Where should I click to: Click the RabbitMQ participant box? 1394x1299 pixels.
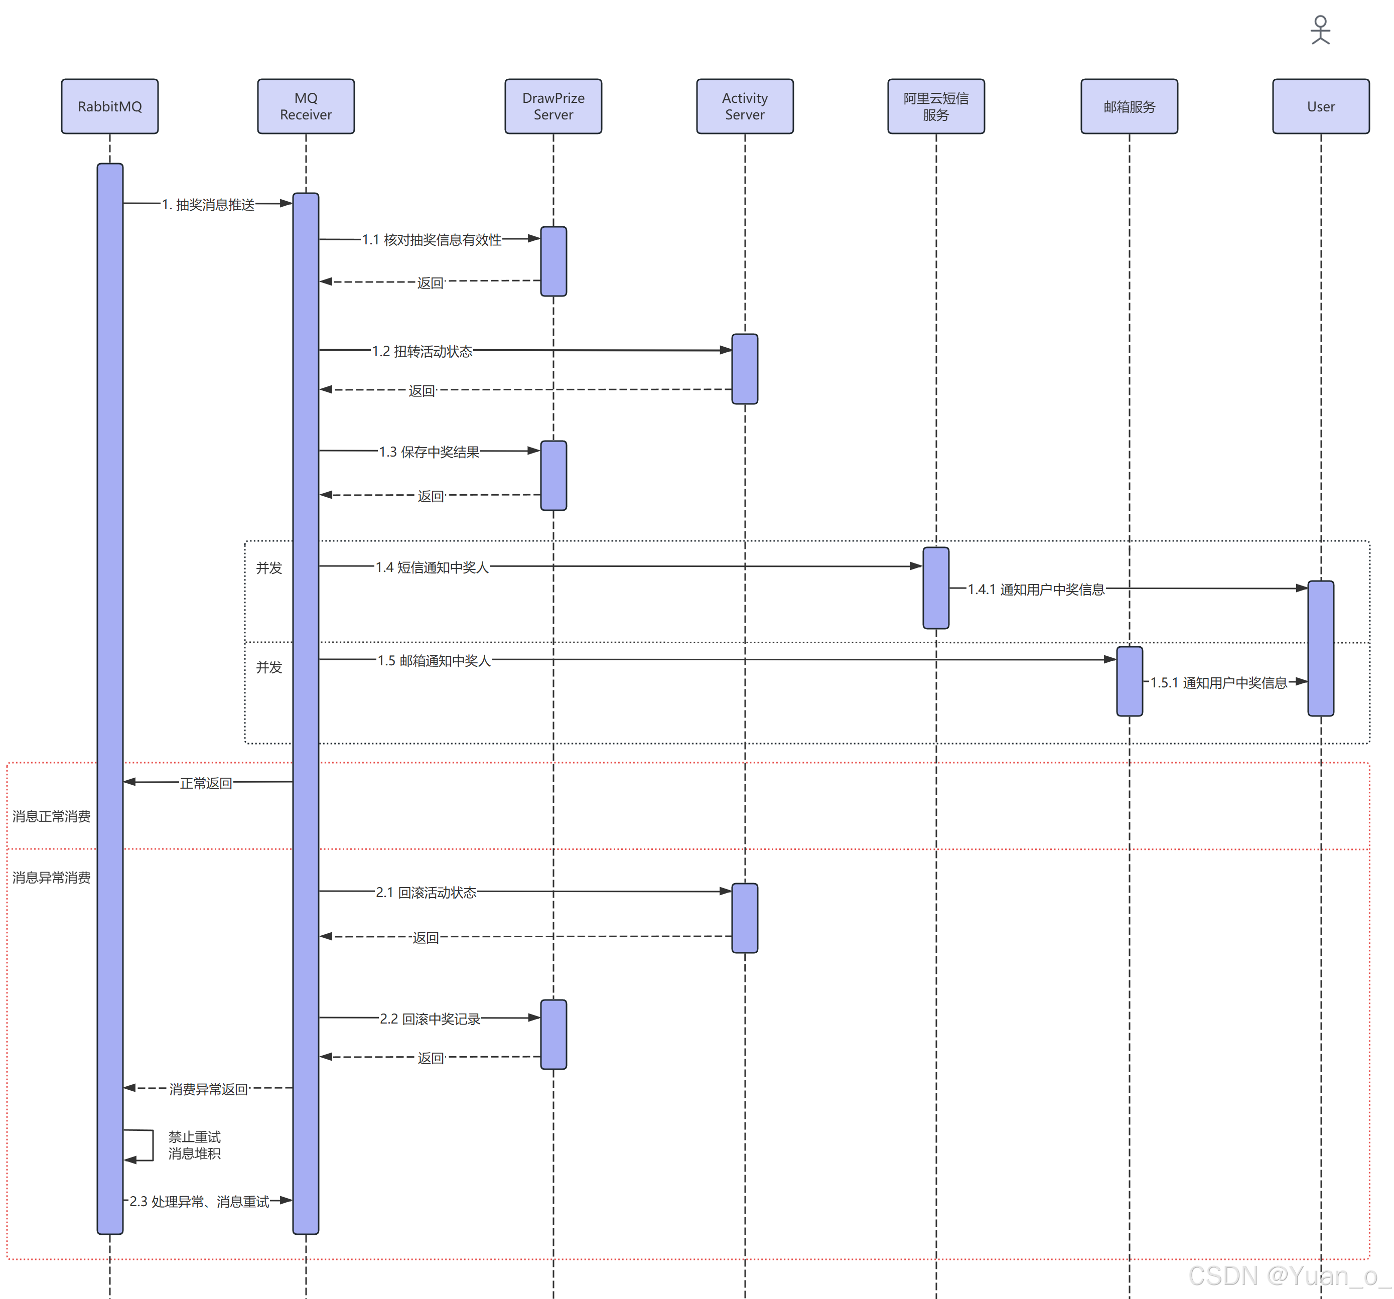pos(109,106)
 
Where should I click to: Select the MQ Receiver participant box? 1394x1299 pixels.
pos(306,106)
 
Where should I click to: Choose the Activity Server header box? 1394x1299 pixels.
pos(745,106)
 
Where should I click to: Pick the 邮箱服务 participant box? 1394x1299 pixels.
pos(1129,106)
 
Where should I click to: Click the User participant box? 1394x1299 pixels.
pos(1320,106)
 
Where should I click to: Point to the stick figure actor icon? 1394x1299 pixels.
pos(1320,30)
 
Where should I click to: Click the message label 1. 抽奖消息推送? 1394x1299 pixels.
pos(208,205)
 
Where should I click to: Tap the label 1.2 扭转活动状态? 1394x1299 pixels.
pos(422,351)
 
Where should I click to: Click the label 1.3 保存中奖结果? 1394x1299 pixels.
pos(429,452)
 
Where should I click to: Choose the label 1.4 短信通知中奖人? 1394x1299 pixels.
pos(432,567)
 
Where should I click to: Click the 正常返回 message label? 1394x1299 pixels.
pos(205,783)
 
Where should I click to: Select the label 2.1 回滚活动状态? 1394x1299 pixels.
pos(426,893)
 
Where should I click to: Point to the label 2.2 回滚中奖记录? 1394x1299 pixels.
pos(430,1019)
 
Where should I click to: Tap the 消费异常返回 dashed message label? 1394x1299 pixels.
pos(208,1089)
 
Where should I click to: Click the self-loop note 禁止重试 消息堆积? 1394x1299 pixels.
pos(194,1145)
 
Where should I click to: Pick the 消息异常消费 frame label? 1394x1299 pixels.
pos(51,878)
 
